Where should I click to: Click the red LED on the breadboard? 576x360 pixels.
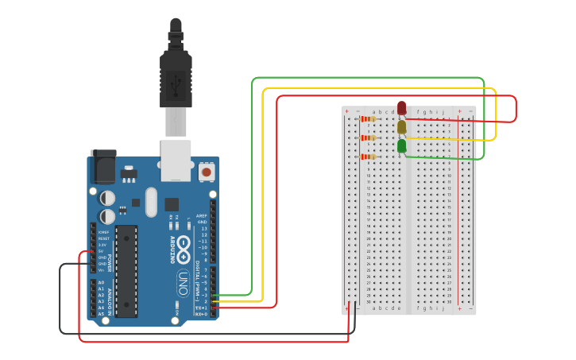click(402, 107)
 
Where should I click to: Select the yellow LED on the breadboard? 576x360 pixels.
click(402, 126)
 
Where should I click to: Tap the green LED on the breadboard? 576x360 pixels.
click(402, 145)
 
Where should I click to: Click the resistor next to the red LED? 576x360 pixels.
click(368, 119)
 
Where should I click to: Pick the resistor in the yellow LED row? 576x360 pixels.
click(368, 138)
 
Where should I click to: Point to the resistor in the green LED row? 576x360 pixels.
click(368, 157)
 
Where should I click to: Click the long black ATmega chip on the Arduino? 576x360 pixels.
click(126, 270)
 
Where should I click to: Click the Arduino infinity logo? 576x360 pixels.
click(184, 246)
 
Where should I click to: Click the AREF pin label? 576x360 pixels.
click(202, 215)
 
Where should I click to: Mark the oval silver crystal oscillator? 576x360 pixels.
click(152, 202)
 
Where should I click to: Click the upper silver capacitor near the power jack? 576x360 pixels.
click(107, 197)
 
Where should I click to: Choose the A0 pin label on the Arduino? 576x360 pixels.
click(100, 282)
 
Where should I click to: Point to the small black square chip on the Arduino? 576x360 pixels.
click(172, 204)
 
